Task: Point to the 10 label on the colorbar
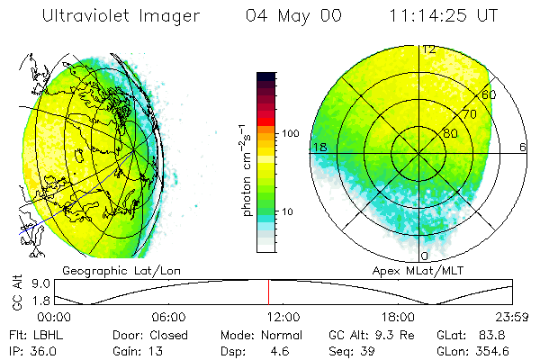(290, 211)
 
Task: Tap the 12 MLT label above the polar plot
(429, 49)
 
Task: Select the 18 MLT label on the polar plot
(319, 147)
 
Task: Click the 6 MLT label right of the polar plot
(523, 147)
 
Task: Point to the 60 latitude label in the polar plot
(490, 94)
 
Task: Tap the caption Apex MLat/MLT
(411, 270)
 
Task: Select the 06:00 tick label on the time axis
(168, 317)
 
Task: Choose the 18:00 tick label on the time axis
(398, 317)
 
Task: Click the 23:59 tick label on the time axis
(512, 317)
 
